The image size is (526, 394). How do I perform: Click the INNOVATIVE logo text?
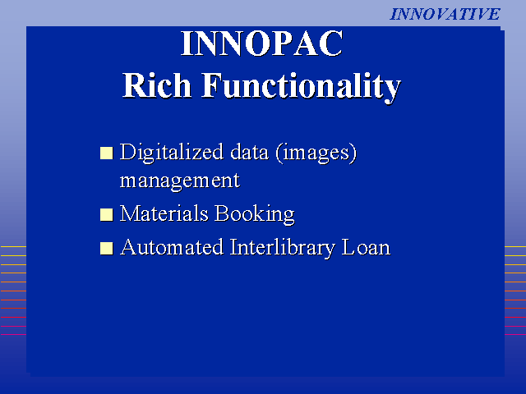pos(445,15)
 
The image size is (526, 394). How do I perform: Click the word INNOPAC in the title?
pos(262,44)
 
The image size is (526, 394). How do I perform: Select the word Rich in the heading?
pos(157,85)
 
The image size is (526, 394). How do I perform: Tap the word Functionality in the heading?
pos(302,88)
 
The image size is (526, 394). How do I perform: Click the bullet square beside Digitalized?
pos(107,153)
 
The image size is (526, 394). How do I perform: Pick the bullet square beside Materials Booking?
pos(107,215)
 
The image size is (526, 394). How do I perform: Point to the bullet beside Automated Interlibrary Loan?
pos(107,249)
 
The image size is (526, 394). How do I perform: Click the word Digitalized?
pos(172,153)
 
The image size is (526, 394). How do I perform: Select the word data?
pos(250,152)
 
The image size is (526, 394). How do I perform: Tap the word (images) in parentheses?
pos(316,153)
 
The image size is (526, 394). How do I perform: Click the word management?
pos(180,181)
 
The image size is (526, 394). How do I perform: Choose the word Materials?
pos(164,213)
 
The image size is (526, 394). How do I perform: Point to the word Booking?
pos(255,214)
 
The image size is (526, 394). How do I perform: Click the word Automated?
pos(172,247)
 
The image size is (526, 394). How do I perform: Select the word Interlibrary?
pos(283,248)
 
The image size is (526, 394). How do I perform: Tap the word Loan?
pos(366,247)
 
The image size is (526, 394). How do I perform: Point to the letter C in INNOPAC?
pos(331,44)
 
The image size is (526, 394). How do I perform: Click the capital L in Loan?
pos(348,247)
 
